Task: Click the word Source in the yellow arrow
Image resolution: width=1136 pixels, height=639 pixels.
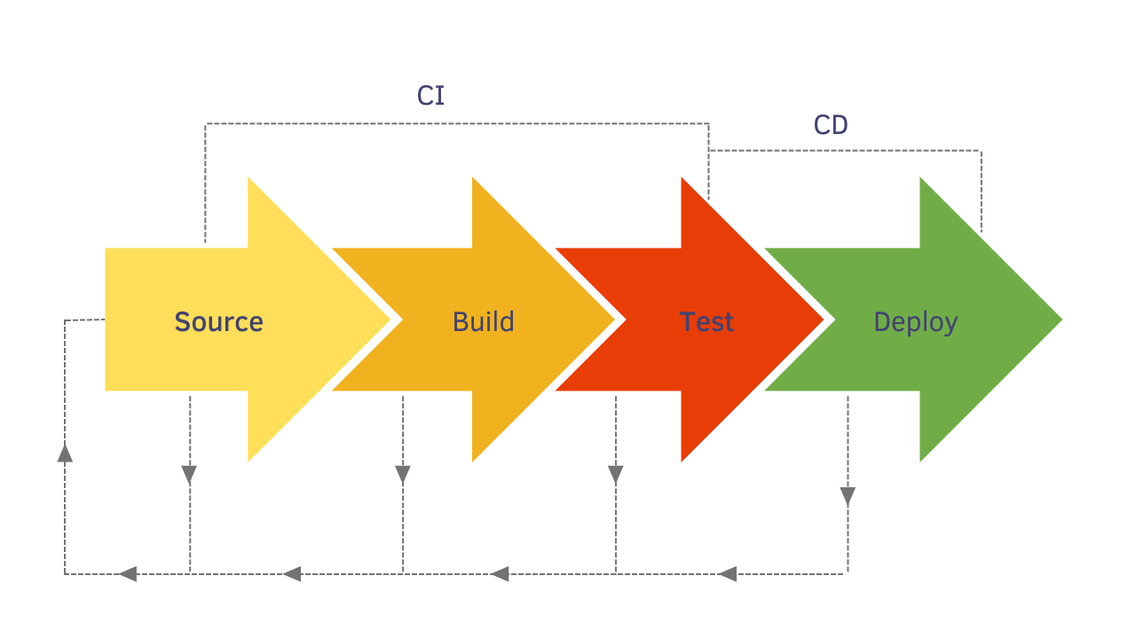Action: tap(218, 321)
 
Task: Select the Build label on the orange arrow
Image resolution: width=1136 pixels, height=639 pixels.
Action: tap(483, 321)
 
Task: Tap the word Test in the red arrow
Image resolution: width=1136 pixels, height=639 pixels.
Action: tap(706, 321)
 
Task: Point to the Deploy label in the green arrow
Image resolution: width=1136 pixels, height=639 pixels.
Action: tap(915, 321)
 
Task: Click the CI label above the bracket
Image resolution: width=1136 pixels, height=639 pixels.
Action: tap(430, 96)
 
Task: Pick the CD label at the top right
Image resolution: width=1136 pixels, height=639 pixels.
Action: tap(831, 126)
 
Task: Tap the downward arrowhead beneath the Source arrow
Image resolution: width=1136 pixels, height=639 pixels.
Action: tap(189, 475)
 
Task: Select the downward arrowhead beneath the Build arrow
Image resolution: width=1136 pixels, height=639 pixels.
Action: tap(403, 475)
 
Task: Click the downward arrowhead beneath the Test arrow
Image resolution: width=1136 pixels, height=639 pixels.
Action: tap(616, 475)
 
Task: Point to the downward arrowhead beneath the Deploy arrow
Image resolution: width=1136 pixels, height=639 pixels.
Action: tap(848, 497)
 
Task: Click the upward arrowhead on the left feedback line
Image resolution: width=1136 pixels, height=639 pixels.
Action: tap(65, 453)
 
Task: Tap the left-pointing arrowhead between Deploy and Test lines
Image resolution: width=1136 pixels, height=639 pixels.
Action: tap(728, 574)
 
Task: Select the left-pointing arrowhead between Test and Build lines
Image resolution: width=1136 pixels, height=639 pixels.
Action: tap(501, 574)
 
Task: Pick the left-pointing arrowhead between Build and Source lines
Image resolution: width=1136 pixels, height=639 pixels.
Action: tap(292, 574)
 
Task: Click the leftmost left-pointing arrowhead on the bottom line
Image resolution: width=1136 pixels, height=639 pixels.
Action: tap(128, 574)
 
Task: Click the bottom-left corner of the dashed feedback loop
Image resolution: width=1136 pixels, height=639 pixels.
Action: tap(65, 574)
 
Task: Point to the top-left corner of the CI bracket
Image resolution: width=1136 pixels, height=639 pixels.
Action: tap(206, 124)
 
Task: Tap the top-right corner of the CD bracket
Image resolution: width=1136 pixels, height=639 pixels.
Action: tap(981, 151)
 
